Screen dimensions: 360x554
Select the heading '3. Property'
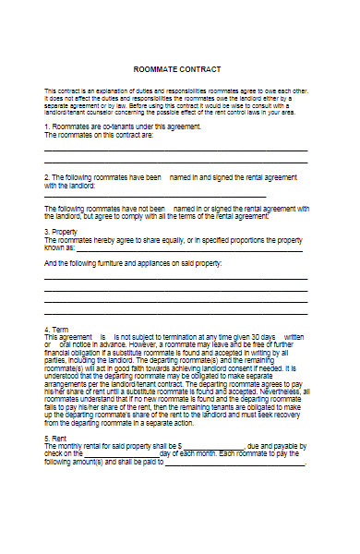(x=61, y=232)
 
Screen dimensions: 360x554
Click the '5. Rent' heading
(x=56, y=439)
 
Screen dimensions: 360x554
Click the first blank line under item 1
(x=175, y=149)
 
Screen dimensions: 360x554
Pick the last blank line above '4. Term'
(x=175, y=314)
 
